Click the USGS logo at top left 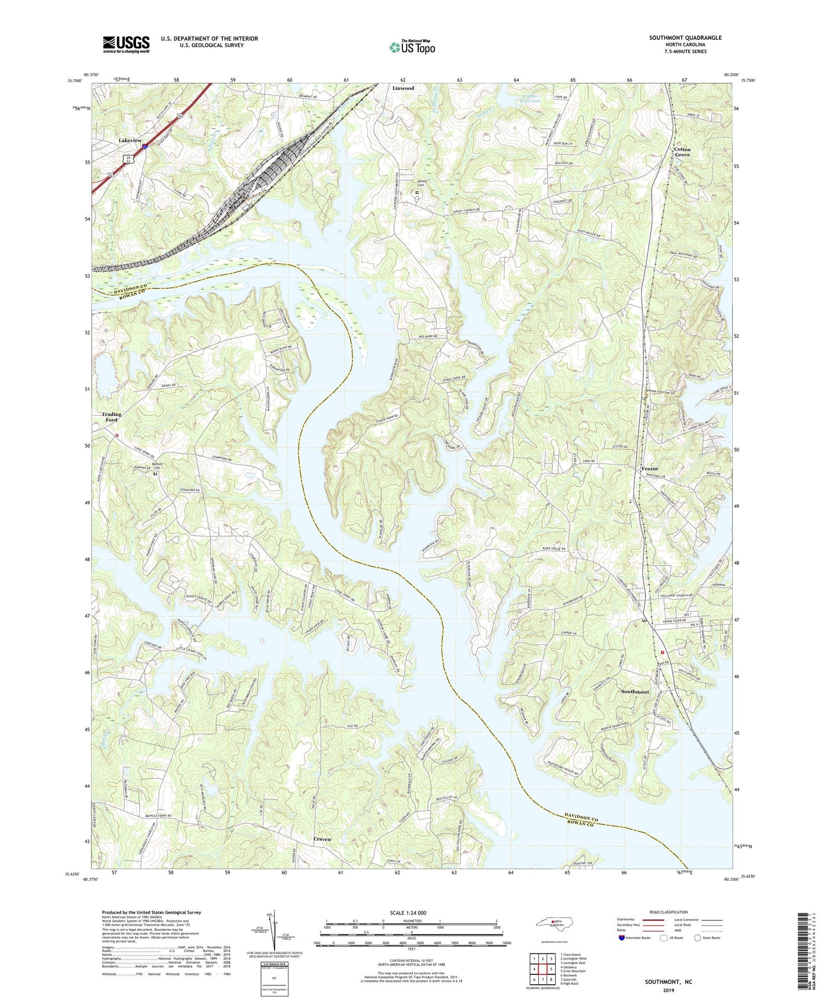(x=126, y=44)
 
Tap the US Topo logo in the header (x=412, y=48)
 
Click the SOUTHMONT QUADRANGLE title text (x=685, y=38)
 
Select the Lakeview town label (x=130, y=141)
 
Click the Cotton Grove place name (x=682, y=152)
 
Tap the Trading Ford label (x=111, y=417)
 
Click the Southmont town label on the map (x=635, y=692)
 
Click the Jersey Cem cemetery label (x=423, y=183)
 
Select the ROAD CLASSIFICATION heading (x=668, y=912)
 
